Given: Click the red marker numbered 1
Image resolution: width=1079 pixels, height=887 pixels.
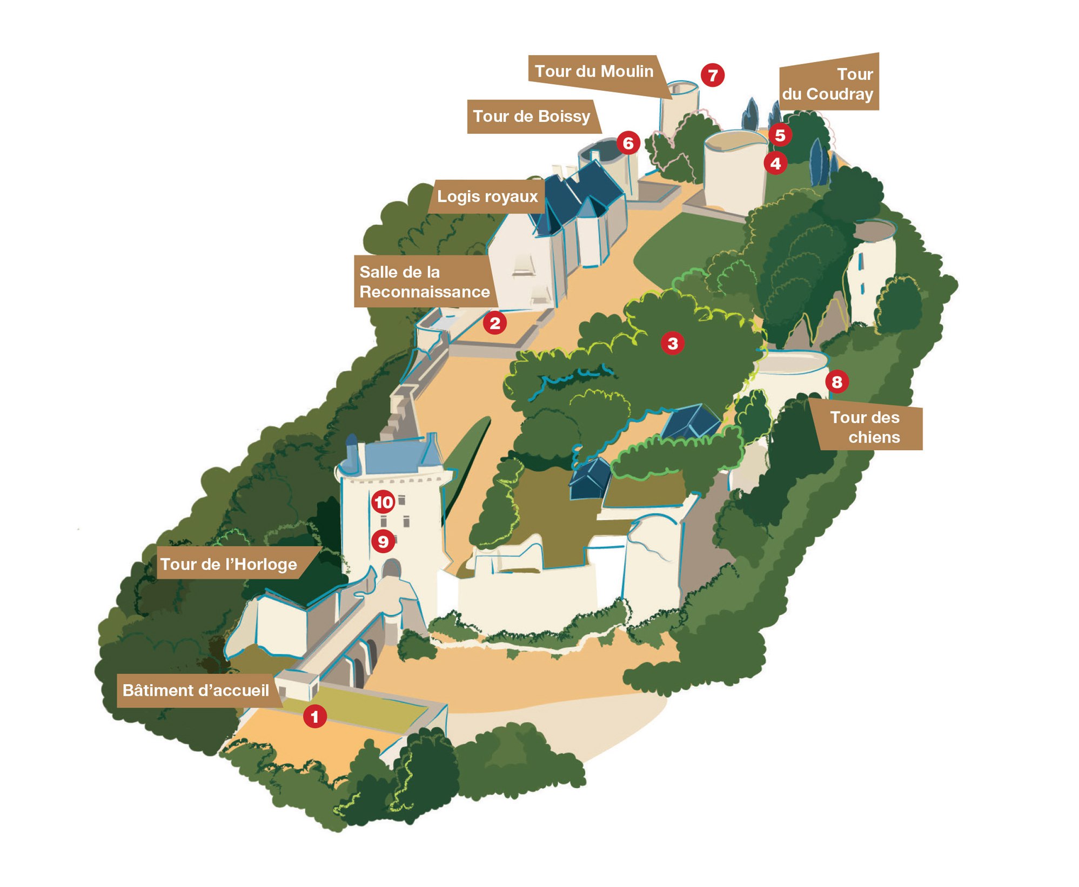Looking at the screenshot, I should pos(314,716).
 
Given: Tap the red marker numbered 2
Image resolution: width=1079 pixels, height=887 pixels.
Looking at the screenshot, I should pos(494,323).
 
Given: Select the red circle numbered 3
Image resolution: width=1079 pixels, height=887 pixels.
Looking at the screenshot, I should pos(672,343).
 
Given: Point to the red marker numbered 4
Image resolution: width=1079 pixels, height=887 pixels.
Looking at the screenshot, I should pos(775,163).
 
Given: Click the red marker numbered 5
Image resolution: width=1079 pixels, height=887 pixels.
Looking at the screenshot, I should pos(780,135).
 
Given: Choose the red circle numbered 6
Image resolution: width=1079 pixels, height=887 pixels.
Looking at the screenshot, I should pos(628,143).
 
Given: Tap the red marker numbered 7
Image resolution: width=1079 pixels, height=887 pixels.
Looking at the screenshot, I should pos(712,75).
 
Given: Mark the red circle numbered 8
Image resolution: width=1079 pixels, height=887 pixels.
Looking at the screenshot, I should pos(836,382).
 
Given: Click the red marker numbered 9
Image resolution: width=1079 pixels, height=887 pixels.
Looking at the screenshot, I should pos(383,541).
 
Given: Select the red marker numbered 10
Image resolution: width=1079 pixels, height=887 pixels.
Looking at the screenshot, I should pos(384,503).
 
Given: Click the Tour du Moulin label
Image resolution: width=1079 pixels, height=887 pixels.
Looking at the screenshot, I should pos(594,72).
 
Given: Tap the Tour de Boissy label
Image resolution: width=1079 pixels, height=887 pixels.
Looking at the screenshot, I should pos(532,117).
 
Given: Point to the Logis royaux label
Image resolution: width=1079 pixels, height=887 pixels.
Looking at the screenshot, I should pos(487,197).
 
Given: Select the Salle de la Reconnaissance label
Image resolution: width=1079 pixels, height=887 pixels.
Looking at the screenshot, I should pos(424,282).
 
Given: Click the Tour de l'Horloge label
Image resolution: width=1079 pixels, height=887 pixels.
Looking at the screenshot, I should pos(229,564).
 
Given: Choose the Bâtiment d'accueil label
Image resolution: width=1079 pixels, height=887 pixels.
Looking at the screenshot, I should pos(196,690).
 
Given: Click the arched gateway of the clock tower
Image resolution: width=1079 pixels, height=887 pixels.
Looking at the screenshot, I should pos(391,569).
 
